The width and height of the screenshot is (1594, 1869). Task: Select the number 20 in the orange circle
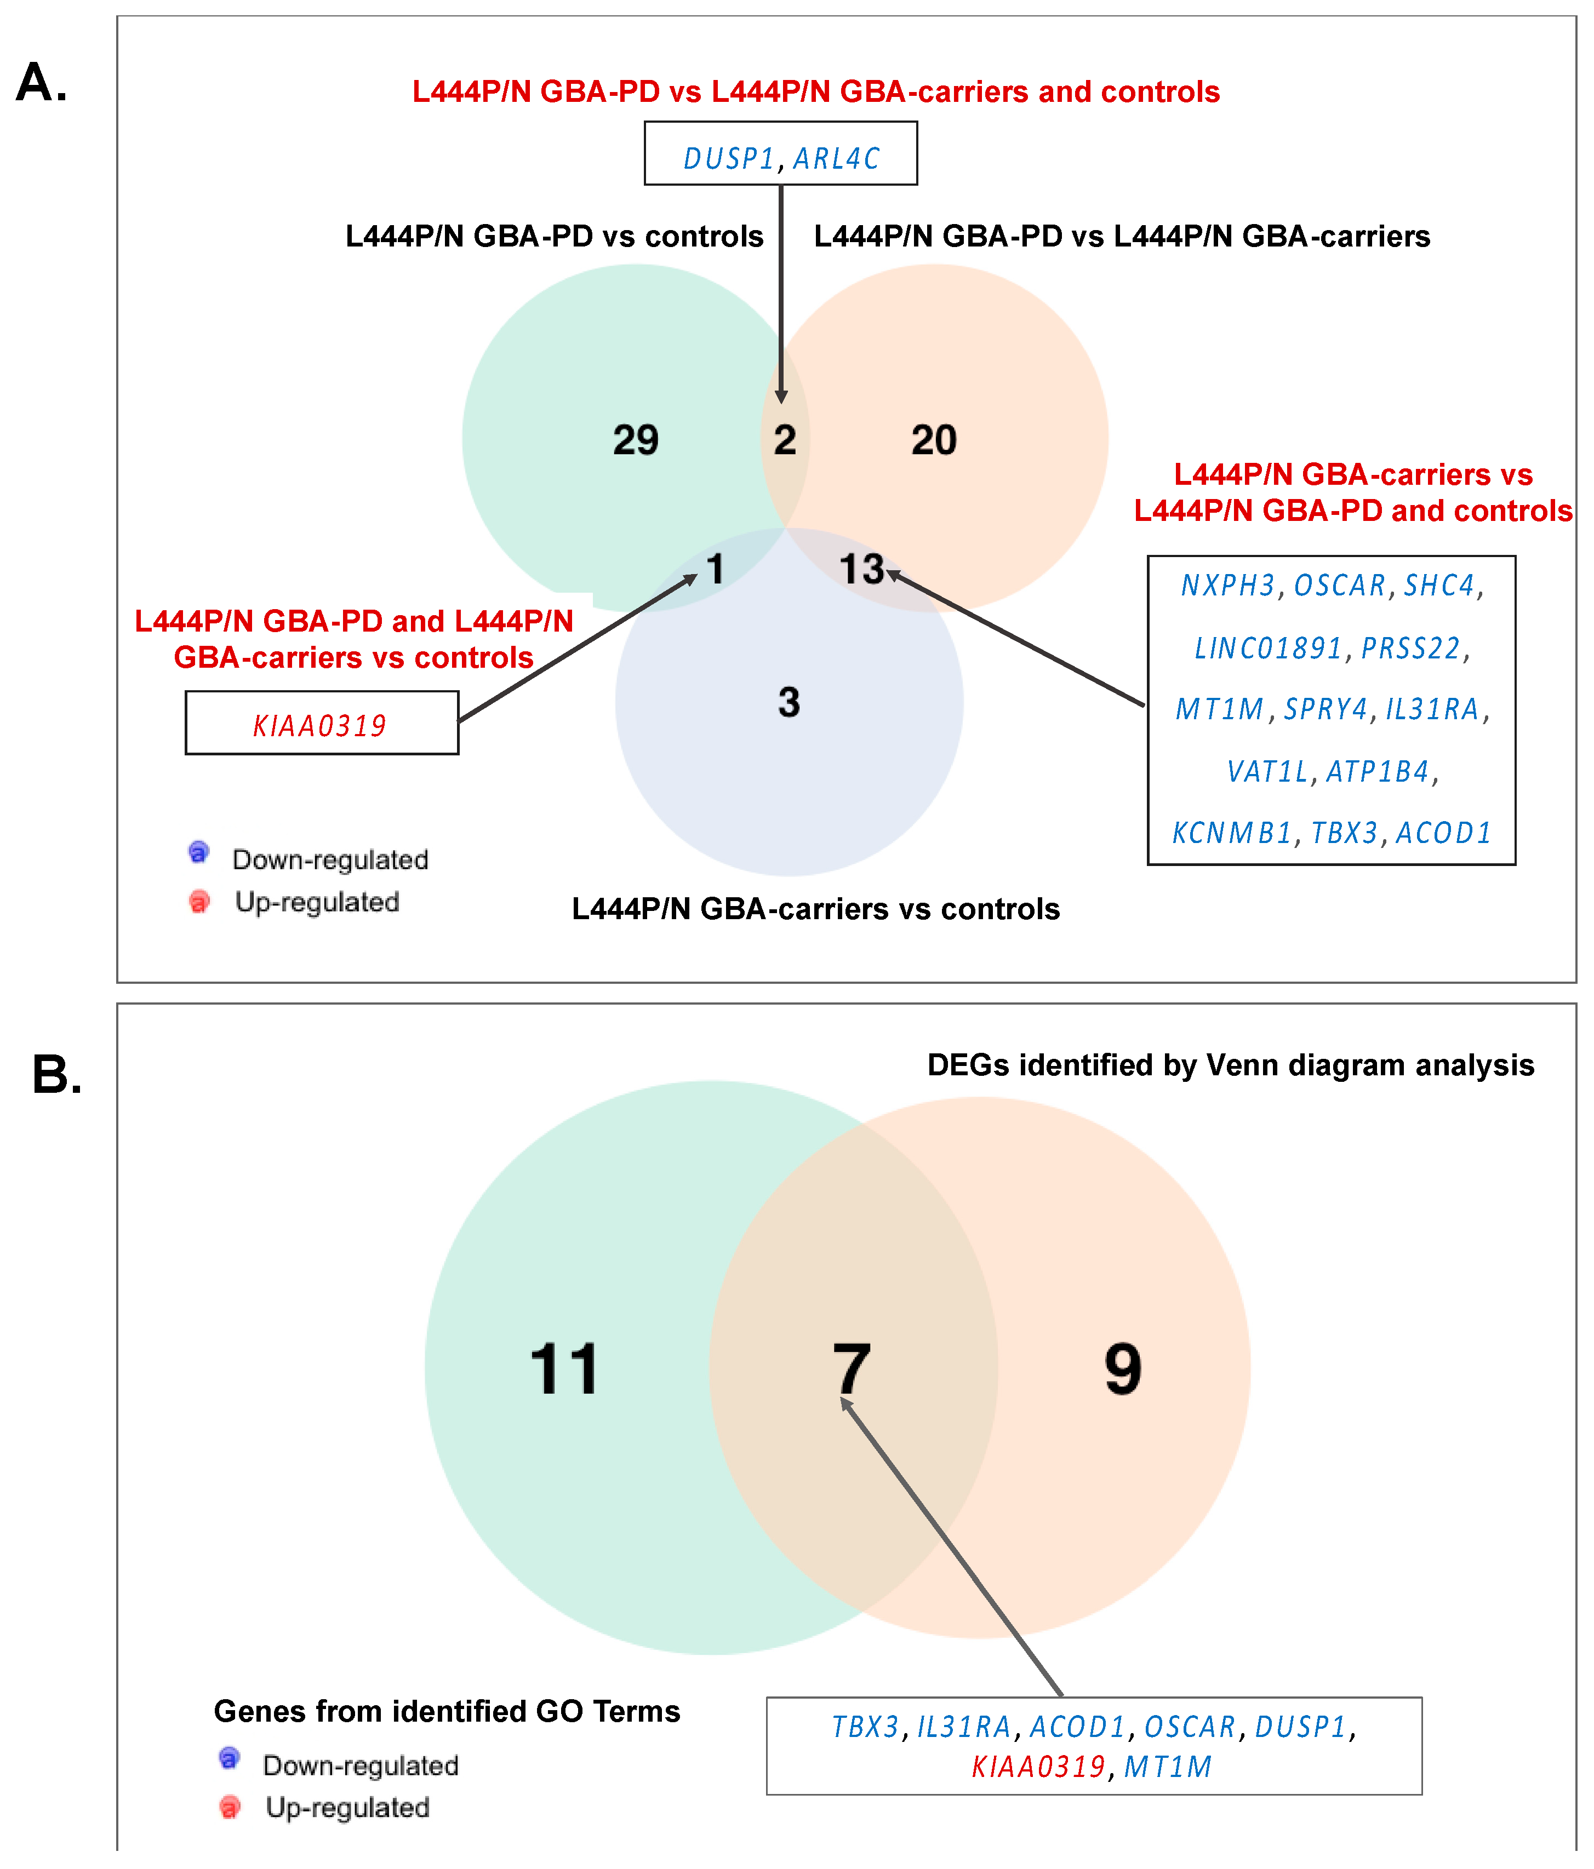pos(934,440)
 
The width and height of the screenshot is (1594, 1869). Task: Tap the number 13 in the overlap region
pos(861,569)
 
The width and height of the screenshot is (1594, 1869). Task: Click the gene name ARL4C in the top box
pos(836,159)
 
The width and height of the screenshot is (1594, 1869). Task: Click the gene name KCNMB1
pos(1231,833)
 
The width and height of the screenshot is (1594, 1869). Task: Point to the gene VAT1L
pos(1266,771)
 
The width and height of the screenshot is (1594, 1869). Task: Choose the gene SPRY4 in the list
pos(1325,709)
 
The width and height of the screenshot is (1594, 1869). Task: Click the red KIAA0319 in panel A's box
pos(319,725)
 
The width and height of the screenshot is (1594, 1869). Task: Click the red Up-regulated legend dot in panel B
pos(230,1807)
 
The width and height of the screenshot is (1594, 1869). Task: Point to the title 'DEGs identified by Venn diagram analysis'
pos(1231,1065)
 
